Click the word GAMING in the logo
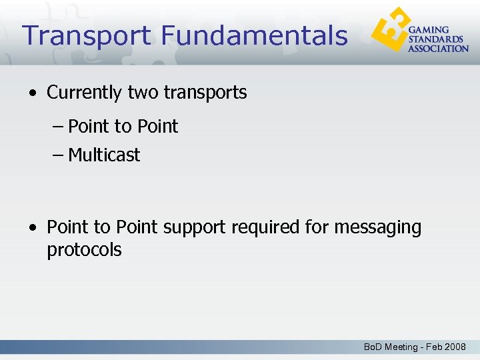point(429,31)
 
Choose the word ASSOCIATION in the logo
point(438,48)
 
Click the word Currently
point(85,93)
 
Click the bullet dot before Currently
point(33,93)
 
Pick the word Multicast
point(104,155)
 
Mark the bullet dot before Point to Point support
point(33,228)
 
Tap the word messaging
point(377,228)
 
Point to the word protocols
point(84,251)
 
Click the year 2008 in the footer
point(456,347)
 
